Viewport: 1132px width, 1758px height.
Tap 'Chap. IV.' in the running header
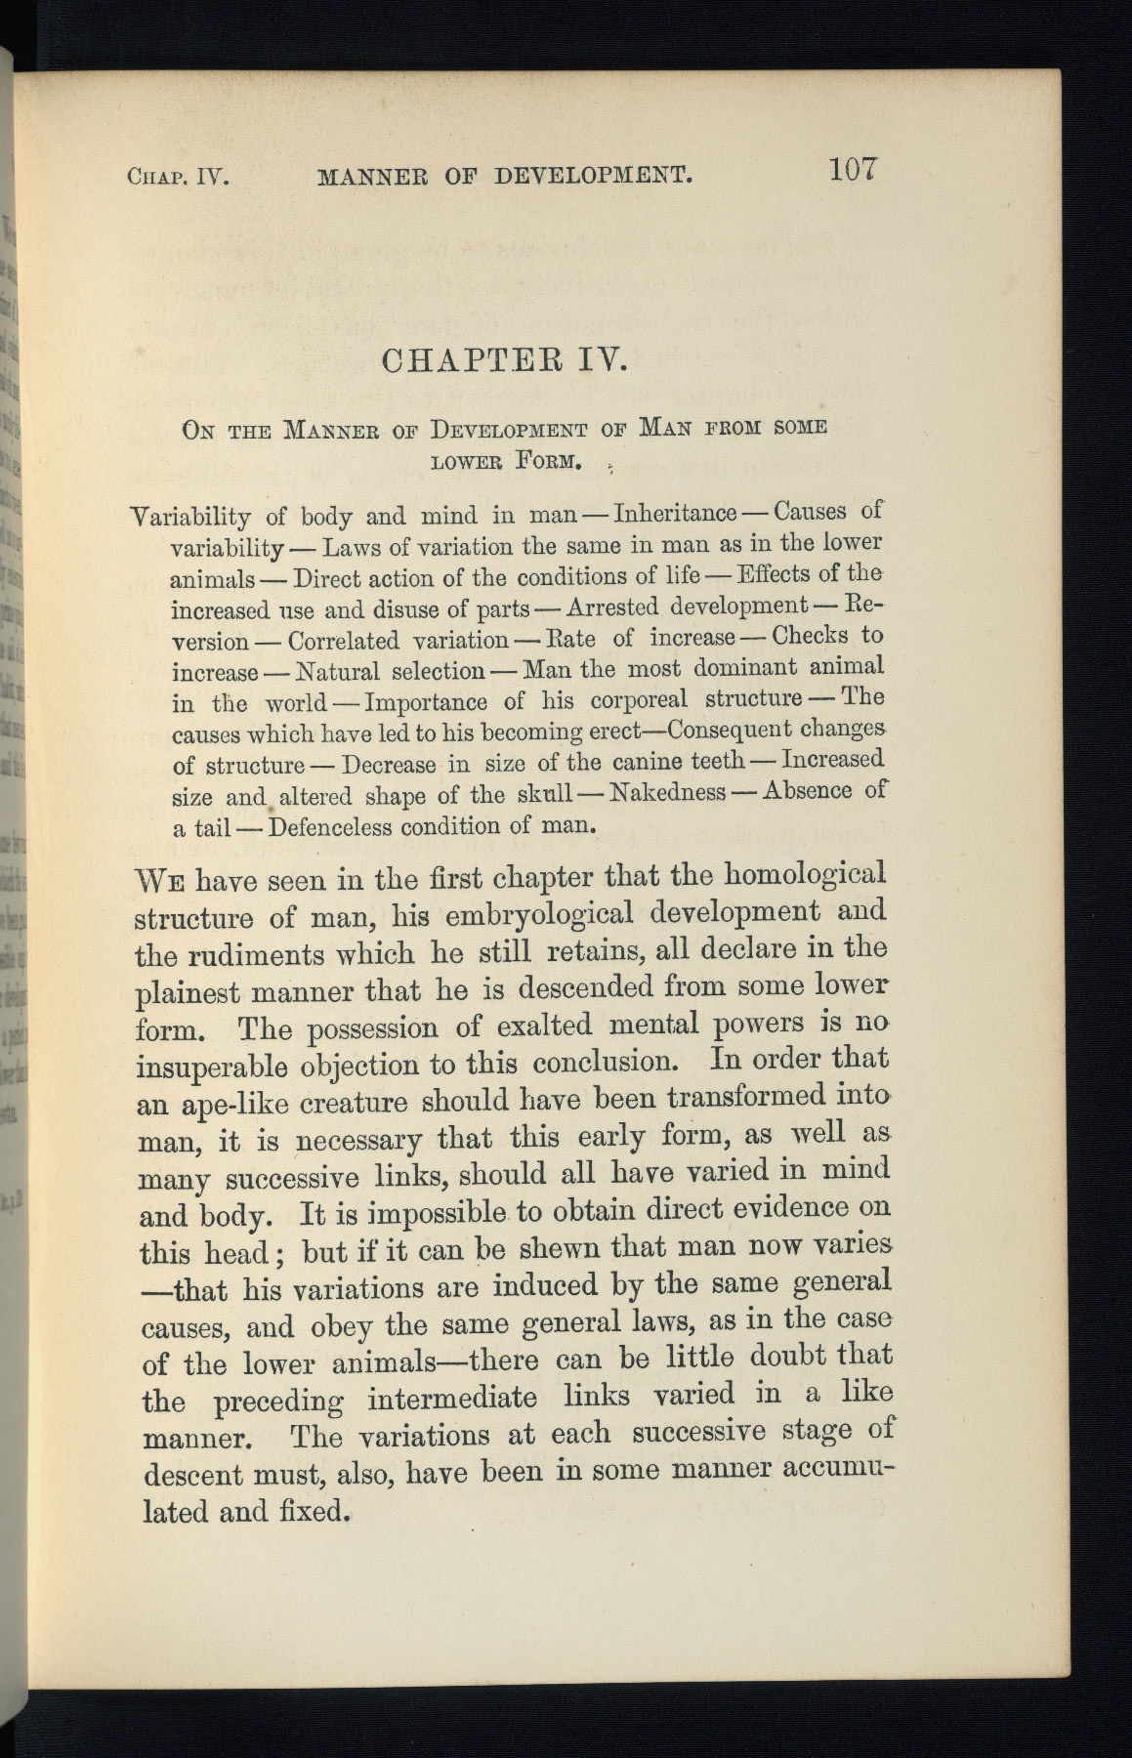[177, 179]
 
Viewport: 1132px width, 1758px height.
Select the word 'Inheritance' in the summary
[673, 513]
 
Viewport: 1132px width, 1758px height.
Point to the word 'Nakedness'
[667, 791]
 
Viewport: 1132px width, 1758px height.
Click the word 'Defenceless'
[329, 827]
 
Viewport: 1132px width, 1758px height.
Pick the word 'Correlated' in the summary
[344, 641]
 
